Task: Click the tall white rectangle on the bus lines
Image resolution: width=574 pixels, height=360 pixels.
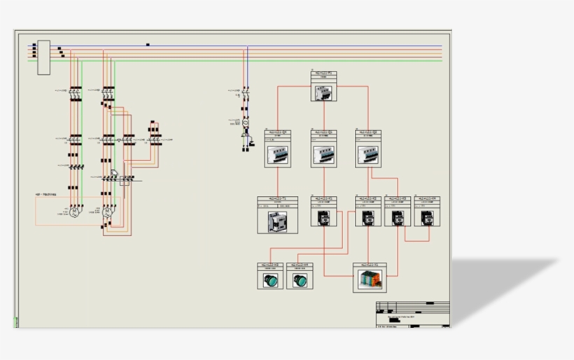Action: pyautogui.click(x=43, y=57)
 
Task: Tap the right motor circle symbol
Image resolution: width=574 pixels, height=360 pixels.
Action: pyautogui.click(x=107, y=211)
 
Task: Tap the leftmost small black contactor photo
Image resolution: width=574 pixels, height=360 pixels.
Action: pyautogui.click(x=323, y=217)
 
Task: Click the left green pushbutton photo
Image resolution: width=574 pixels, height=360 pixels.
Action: pyautogui.click(x=270, y=280)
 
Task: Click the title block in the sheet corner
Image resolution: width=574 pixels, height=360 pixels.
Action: pyautogui.click(x=412, y=314)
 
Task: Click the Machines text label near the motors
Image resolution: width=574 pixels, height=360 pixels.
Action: pyautogui.click(x=45, y=194)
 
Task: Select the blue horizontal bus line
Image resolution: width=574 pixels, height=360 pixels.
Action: pyautogui.click(x=280, y=47)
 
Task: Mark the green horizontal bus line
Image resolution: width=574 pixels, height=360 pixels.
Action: pyautogui.click(x=280, y=61)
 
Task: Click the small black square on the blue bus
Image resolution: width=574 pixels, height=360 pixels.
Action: pyautogui.click(x=148, y=45)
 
